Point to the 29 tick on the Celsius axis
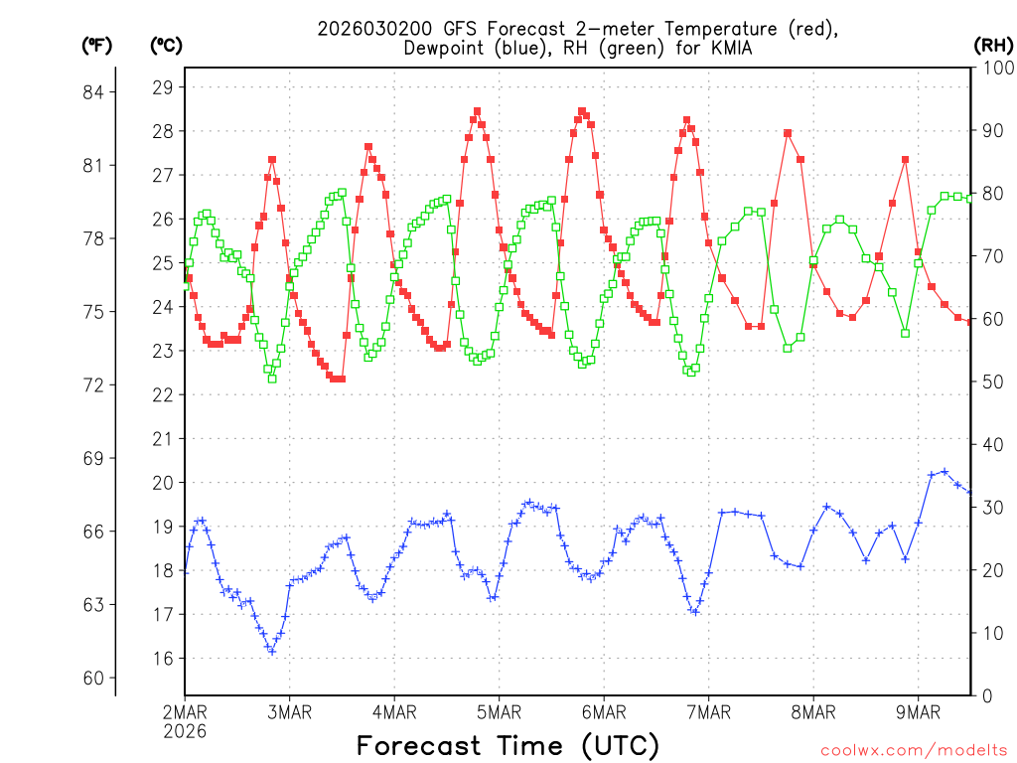[162, 87]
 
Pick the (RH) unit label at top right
[993, 45]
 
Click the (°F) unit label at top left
[97, 45]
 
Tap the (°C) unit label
[166, 45]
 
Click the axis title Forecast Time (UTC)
[508, 744]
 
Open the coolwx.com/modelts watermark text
[913, 749]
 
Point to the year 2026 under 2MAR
[185, 730]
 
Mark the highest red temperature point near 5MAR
[477, 111]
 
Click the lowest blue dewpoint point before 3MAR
[271, 651]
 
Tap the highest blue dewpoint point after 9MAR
[944, 472]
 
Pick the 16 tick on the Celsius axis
[162, 658]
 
